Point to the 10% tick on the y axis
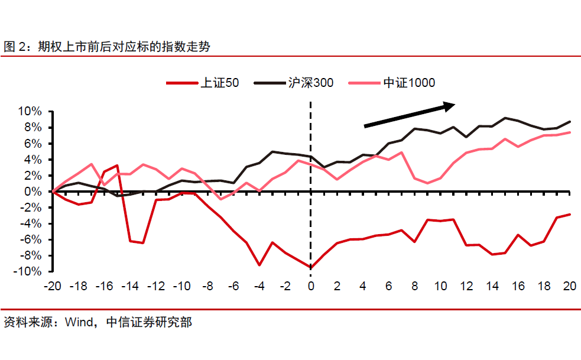(30, 111)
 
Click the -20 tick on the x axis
(53, 287)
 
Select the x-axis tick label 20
(570, 287)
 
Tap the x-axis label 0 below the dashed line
(311, 287)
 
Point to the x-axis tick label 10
(440, 287)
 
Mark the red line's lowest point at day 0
(311, 268)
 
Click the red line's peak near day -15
(117, 166)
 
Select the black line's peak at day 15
(505, 118)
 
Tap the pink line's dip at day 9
(427, 183)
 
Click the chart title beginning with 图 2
(107, 46)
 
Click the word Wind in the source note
(79, 323)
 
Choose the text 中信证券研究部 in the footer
(149, 323)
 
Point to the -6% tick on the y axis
(30, 239)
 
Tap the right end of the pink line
(570, 132)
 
